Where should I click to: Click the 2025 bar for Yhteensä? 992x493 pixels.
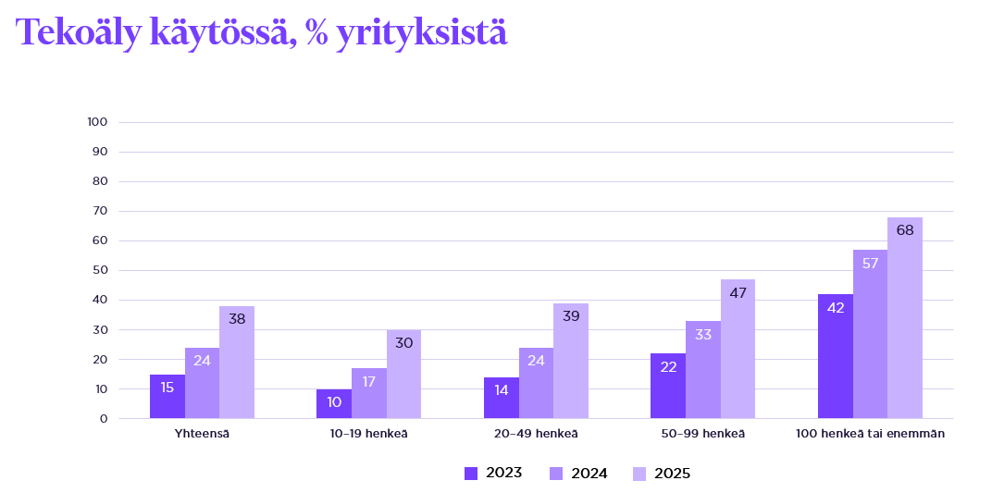pos(237,363)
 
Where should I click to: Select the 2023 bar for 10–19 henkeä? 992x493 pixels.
pos(334,404)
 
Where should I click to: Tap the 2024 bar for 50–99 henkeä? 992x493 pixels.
pos(703,370)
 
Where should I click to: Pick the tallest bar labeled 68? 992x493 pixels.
pos(905,318)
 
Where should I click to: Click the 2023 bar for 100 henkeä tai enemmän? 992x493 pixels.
pos(836,356)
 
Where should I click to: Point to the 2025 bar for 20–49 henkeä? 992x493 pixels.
pos(571,362)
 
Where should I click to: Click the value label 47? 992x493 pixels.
pos(738,291)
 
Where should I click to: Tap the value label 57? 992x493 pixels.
pos(870,263)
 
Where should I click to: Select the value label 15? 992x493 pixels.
pos(167,388)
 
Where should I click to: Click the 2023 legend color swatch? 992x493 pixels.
pos(471,474)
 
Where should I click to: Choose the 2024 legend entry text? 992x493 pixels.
pos(589,474)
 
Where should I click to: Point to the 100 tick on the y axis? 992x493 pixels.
pos(98,122)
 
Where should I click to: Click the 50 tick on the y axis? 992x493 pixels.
pos(101,270)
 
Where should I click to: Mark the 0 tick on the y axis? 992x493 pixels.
pos(104,418)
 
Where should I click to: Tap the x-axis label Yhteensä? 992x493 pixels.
pos(202,434)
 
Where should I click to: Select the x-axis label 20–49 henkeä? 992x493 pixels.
pos(536,434)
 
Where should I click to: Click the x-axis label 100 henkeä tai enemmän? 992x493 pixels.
pos(870,434)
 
